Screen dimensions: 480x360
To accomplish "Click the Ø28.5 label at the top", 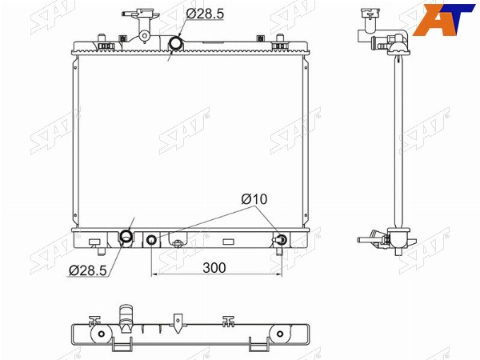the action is [x=205, y=14].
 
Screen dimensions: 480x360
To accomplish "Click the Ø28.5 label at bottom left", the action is [x=87, y=270].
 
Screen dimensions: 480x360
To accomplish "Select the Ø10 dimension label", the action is [x=254, y=199].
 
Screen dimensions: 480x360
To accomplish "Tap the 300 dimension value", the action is [x=214, y=268].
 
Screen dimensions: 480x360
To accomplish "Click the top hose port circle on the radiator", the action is [x=176, y=43].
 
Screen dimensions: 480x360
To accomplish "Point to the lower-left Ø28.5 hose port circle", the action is [x=126, y=236].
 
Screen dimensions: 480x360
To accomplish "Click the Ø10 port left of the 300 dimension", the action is [x=152, y=240].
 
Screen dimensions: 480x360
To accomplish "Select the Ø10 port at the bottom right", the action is [x=282, y=239].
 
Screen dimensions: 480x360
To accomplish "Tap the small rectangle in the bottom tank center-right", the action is [x=228, y=242].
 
